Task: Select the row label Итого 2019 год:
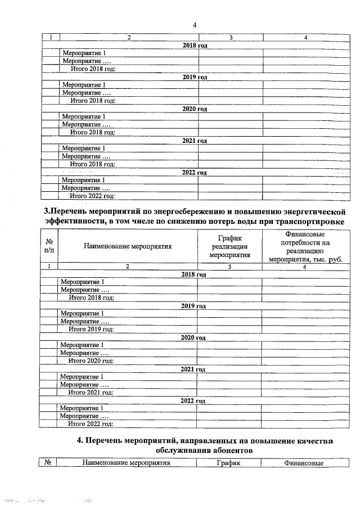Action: [x=91, y=329]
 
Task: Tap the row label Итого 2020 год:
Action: [x=91, y=361]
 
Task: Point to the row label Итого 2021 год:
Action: [x=91, y=392]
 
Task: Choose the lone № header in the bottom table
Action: [x=48, y=463]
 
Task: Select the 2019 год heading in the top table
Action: [x=195, y=76]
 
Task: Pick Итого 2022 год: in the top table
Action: [x=92, y=196]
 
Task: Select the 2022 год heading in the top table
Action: [x=195, y=172]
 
